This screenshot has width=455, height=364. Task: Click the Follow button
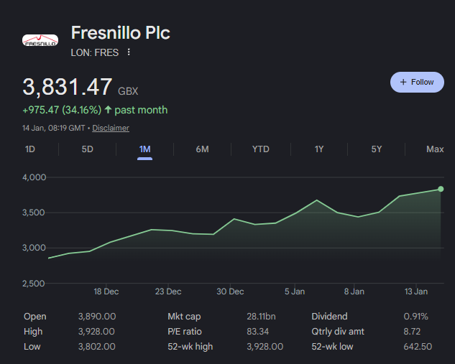[417, 82]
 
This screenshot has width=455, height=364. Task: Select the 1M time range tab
[144, 149]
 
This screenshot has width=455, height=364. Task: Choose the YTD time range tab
[260, 149]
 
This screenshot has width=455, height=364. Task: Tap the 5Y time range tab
[377, 149]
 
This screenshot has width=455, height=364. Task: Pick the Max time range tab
[435, 149]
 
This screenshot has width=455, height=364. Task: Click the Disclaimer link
[111, 128]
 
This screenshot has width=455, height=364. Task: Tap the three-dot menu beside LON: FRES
[129, 52]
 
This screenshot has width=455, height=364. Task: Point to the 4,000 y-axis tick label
[33, 177]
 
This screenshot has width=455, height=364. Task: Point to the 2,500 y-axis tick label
[33, 284]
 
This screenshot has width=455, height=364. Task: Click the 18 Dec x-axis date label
[106, 291]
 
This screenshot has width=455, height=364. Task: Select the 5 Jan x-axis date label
[295, 291]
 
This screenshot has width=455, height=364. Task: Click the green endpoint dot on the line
[441, 189]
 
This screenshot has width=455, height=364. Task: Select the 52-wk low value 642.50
[418, 347]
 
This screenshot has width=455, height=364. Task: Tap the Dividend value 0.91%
[415, 317]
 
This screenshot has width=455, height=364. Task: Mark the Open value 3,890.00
[97, 317]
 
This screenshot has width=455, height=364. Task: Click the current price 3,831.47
[68, 88]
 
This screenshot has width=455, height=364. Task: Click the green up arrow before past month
[108, 110]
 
